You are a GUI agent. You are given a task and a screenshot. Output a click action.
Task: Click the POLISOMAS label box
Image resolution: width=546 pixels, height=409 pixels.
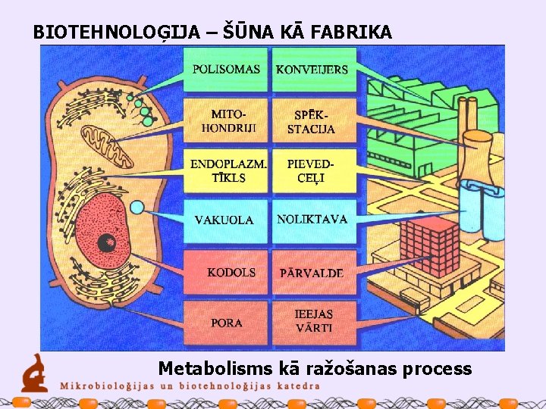pyautogui.click(x=226, y=70)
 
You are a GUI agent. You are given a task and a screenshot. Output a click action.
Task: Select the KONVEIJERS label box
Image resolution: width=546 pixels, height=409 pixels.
pyautogui.click(x=312, y=70)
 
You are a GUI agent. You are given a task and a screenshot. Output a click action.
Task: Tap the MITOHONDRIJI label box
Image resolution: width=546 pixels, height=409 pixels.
pyautogui.click(x=226, y=120)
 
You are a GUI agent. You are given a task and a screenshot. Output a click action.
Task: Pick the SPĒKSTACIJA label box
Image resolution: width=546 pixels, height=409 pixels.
pyautogui.click(x=312, y=120)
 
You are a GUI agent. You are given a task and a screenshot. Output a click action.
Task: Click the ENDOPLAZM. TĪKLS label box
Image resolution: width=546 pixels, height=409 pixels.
pyautogui.click(x=226, y=171)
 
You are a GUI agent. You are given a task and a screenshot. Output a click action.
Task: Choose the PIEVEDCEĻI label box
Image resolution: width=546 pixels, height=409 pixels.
pyautogui.click(x=312, y=171)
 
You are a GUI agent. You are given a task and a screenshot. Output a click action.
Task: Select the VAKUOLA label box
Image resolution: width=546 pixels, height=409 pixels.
pyautogui.click(x=226, y=220)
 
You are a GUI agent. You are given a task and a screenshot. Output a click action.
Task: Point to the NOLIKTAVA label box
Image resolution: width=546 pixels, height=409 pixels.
pyautogui.click(x=312, y=220)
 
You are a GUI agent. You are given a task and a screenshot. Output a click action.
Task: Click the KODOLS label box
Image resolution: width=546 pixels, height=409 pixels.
pyautogui.click(x=226, y=272)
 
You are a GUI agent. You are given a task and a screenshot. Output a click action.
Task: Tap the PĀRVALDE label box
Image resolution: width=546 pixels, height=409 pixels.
pyautogui.click(x=312, y=272)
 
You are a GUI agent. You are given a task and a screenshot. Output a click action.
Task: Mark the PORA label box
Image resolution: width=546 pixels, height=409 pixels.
pyautogui.click(x=226, y=323)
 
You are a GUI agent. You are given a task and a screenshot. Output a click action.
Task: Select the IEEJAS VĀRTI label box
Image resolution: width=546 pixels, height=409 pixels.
pyautogui.click(x=312, y=323)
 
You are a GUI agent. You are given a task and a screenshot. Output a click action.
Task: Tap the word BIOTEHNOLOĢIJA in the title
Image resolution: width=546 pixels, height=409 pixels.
pyautogui.click(x=117, y=33)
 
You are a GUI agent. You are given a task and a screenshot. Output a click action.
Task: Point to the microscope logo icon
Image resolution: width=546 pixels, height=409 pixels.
pyautogui.click(x=33, y=373)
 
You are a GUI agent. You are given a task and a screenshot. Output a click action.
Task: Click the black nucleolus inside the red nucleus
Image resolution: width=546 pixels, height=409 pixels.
pyautogui.click(x=107, y=243)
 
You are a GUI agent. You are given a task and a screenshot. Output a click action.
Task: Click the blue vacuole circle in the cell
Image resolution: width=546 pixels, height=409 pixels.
pyautogui.click(x=137, y=207)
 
